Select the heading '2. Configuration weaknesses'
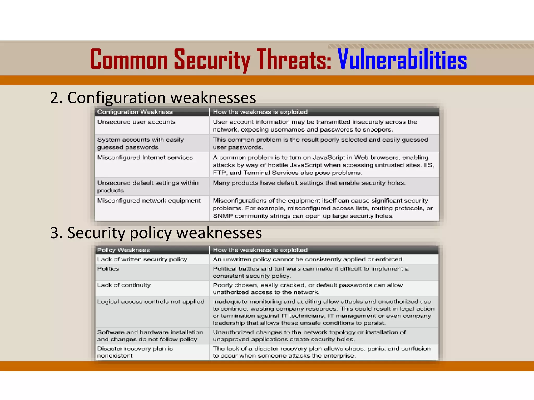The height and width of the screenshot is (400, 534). click(x=153, y=98)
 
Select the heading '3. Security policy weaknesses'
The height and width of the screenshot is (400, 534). click(x=156, y=233)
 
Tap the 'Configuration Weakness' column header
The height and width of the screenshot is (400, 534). click(x=135, y=112)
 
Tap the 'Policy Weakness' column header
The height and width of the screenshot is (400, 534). click(x=124, y=250)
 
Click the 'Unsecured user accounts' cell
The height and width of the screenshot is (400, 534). click(x=136, y=122)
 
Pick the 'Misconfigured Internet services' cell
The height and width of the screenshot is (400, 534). click(x=145, y=157)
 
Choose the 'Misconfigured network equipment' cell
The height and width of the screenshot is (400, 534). click(x=149, y=201)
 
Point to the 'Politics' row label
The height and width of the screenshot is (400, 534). click(x=108, y=269)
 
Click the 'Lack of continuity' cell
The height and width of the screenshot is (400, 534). click(x=124, y=285)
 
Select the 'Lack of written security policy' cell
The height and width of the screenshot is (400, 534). click(x=142, y=259)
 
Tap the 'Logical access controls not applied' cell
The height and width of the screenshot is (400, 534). click(x=150, y=302)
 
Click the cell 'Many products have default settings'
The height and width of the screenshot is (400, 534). click(x=309, y=183)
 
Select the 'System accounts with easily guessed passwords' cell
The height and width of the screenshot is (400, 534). click(x=140, y=143)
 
